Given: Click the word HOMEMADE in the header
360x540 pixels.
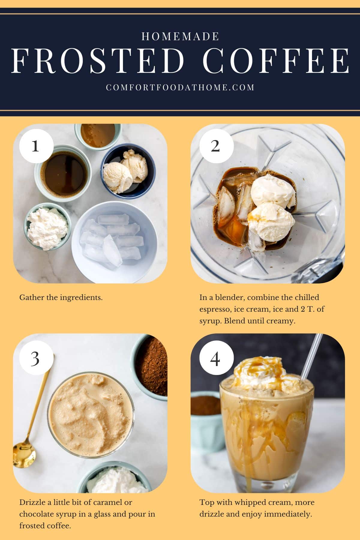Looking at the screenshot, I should tap(180, 37).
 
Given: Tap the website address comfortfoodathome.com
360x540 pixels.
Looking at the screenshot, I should tap(180, 87).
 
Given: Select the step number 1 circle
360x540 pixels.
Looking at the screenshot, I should tap(35, 146).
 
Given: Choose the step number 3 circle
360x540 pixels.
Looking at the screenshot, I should tap(35, 358).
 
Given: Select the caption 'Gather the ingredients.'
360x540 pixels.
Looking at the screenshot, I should tap(61, 298).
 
